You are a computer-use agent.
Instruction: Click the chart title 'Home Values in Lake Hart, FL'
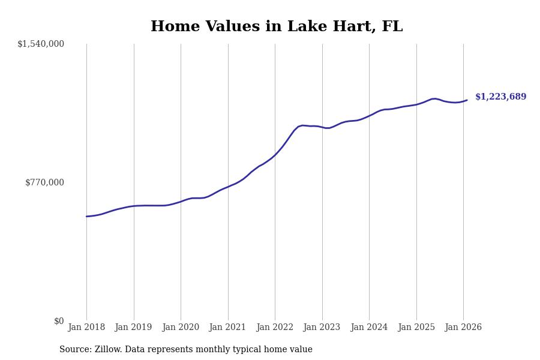click(x=277, y=27)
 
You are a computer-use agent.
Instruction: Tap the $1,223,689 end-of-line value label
click(x=500, y=97)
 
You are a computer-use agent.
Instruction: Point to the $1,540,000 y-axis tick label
click(x=41, y=44)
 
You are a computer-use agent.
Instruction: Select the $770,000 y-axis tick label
click(x=44, y=182)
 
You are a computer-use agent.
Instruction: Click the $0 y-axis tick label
click(x=59, y=321)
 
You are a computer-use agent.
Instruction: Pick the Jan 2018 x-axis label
click(x=86, y=327)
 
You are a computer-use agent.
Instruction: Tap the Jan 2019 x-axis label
click(x=134, y=327)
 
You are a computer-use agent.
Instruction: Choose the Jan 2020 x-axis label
click(x=181, y=327)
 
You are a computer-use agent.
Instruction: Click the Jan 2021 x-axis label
click(x=228, y=327)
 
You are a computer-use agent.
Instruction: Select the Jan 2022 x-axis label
click(x=275, y=327)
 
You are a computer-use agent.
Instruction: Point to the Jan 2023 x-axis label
click(x=322, y=327)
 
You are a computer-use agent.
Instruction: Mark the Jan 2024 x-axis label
click(x=369, y=327)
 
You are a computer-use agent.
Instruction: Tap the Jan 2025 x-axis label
click(x=416, y=327)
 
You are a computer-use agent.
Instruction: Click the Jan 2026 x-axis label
click(x=463, y=327)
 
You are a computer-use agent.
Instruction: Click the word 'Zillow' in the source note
click(x=108, y=350)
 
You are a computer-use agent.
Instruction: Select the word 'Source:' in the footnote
click(x=76, y=350)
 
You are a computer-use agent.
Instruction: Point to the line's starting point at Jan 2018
click(x=86, y=217)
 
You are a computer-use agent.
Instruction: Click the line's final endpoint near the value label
click(x=467, y=100)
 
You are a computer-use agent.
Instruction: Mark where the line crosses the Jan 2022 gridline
click(x=275, y=155)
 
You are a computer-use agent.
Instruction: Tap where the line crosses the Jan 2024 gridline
click(x=369, y=115)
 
